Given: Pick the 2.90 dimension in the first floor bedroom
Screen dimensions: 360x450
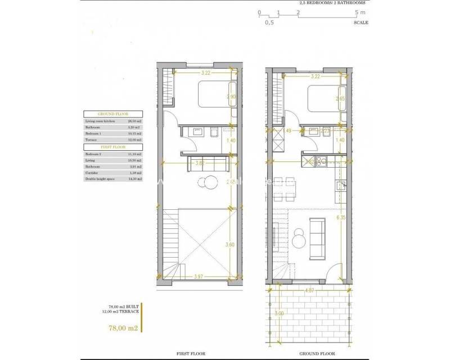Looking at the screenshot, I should [230, 97].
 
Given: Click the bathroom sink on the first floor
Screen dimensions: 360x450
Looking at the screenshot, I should [197, 133].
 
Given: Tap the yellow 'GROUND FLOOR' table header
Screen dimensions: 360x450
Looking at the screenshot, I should [112, 114].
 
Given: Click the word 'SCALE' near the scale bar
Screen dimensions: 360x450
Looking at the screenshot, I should [361, 23].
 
